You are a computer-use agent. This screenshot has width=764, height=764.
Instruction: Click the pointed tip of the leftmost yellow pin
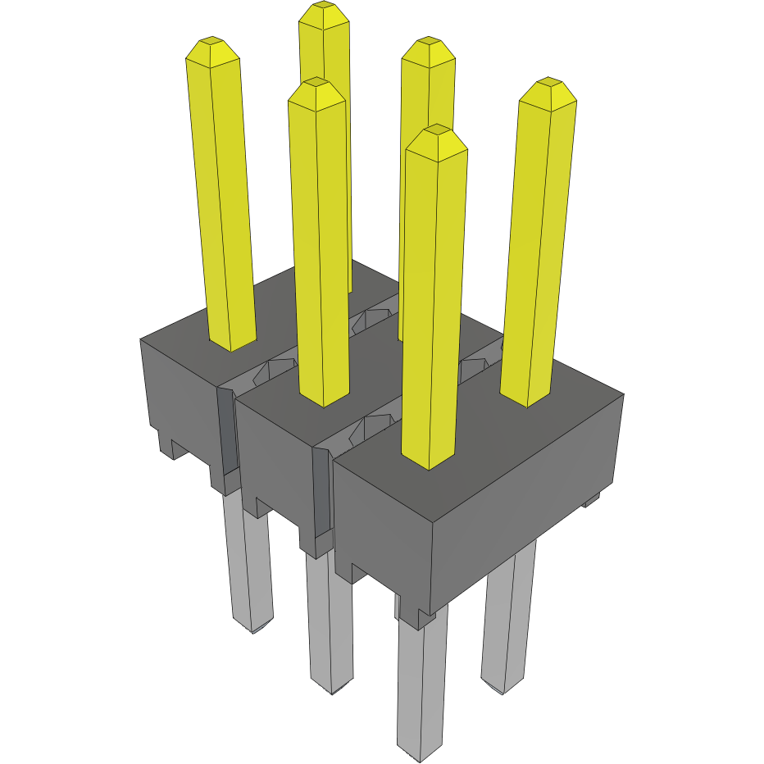click(x=212, y=41)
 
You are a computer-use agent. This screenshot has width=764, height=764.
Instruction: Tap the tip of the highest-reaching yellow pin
click(x=324, y=7)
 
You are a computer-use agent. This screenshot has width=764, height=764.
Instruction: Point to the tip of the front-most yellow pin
click(x=438, y=130)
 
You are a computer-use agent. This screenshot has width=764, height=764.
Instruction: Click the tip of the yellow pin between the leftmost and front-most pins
click(x=316, y=83)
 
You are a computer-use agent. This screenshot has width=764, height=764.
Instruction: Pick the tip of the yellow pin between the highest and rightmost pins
click(x=428, y=42)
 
